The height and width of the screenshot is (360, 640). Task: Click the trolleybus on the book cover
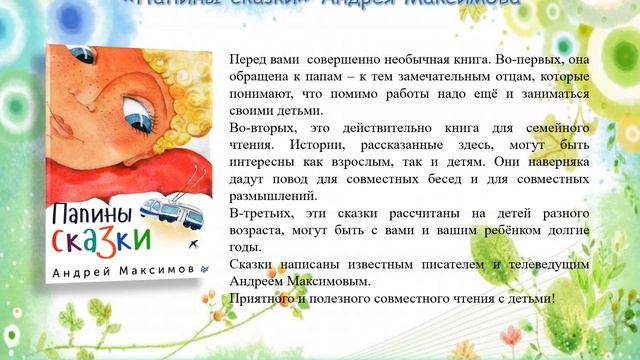pos(162,209)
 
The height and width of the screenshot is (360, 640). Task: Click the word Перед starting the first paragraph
pos(246,59)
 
